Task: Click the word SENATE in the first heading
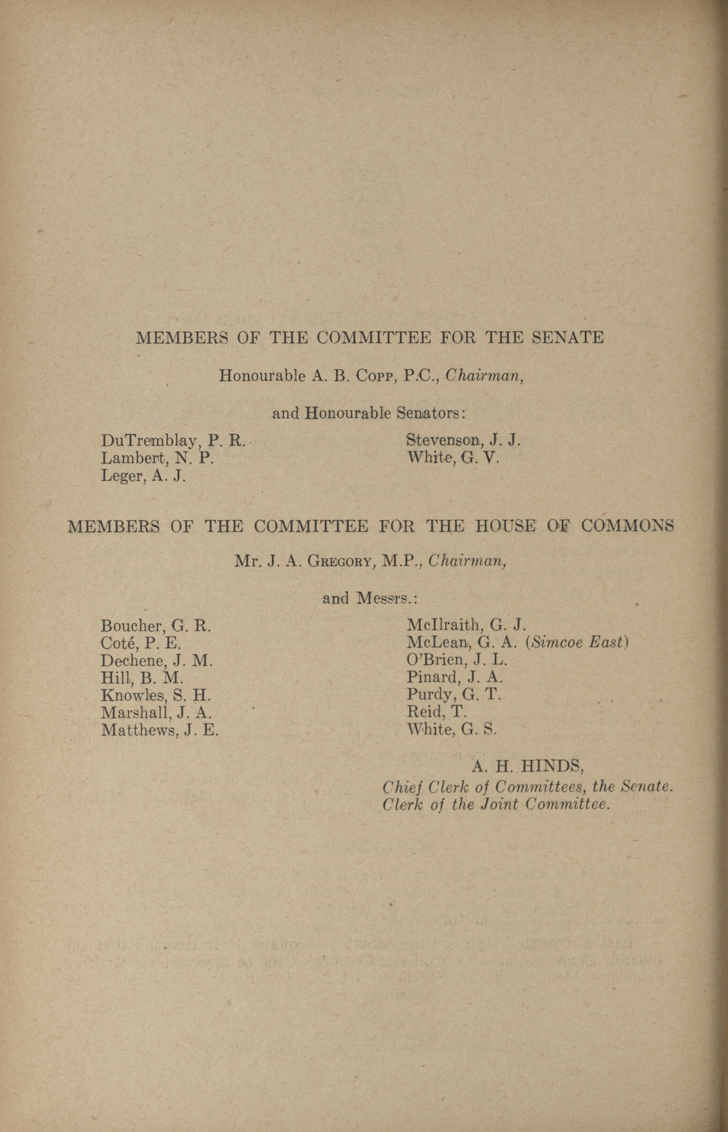(x=568, y=337)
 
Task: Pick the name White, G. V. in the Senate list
(x=453, y=457)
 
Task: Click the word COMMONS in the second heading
(x=627, y=526)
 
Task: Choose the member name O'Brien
(x=434, y=660)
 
